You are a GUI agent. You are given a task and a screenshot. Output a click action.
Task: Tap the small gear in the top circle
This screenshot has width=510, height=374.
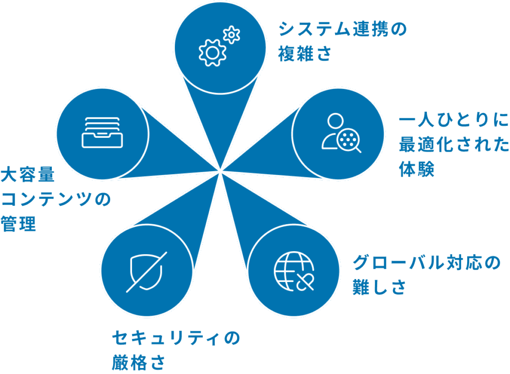pyautogui.click(x=232, y=35)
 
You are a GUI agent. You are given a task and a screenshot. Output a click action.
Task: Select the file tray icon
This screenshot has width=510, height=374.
pyautogui.click(x=101, y=132)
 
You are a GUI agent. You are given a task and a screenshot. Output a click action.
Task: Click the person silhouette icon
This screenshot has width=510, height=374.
pyautogui.click(x=333, y=130)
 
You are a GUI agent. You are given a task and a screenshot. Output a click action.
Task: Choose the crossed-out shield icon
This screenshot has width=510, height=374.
pyautogui.click(x=146, y=272)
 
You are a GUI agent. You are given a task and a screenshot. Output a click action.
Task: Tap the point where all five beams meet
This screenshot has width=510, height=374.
pyautogui.click(x=220, y=172)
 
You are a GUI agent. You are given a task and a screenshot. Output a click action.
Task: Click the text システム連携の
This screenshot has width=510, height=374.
pyautogui.click(x=342, y=29)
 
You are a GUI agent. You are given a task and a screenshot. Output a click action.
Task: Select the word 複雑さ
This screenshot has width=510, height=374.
pyautogui.click(x=305, y=54)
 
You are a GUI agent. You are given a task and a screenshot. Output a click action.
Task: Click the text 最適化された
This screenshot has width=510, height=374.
pyautogui.click(x=454, y=145)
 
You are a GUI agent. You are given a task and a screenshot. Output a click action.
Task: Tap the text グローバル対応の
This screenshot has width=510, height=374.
pyautogui.click(x=426, y=263)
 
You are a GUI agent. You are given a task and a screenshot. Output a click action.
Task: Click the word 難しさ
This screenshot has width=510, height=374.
pyautogui.click(x=379, y=287)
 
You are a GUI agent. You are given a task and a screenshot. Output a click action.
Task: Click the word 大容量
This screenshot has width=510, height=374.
pyautogui.click(x=27, y=175)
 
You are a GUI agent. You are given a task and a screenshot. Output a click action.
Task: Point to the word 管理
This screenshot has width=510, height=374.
pyautogui.click(x=18, y=224)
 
